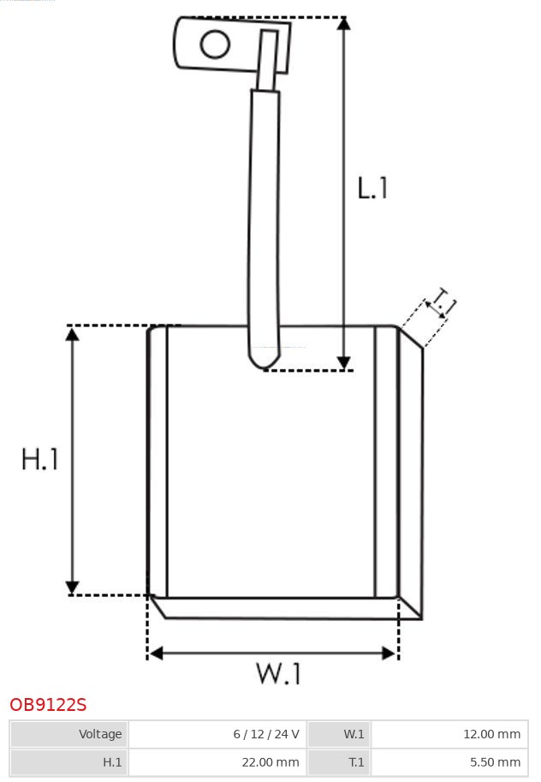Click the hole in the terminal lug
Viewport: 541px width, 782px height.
coord(215,44)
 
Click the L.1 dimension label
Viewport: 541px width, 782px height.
coord(372,188)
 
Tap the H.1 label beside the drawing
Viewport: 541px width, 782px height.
coord(40,459)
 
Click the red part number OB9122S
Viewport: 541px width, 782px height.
coord(49,705)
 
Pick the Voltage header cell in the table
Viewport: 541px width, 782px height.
coord(68,734)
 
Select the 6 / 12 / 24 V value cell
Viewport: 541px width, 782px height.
coord(218,734)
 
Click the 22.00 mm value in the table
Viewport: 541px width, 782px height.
coord(218,762)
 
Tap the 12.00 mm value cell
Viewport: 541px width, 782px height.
coord(449,734)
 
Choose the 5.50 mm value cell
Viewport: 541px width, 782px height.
coord(449,762)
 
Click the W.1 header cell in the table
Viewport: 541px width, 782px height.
coord(339,734)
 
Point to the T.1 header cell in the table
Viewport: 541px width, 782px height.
coord(339,762)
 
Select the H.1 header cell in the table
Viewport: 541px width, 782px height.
coord(68,762)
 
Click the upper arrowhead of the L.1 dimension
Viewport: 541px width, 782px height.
coord(343,23)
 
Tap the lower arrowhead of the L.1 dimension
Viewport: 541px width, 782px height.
coord(343,363)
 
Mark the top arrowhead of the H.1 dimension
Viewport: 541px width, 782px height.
coord(72,334)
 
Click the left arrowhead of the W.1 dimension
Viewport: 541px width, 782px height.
coord(156,653)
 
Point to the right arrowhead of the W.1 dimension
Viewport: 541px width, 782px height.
coord(389,653)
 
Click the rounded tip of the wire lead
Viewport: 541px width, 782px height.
coord(265,363)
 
